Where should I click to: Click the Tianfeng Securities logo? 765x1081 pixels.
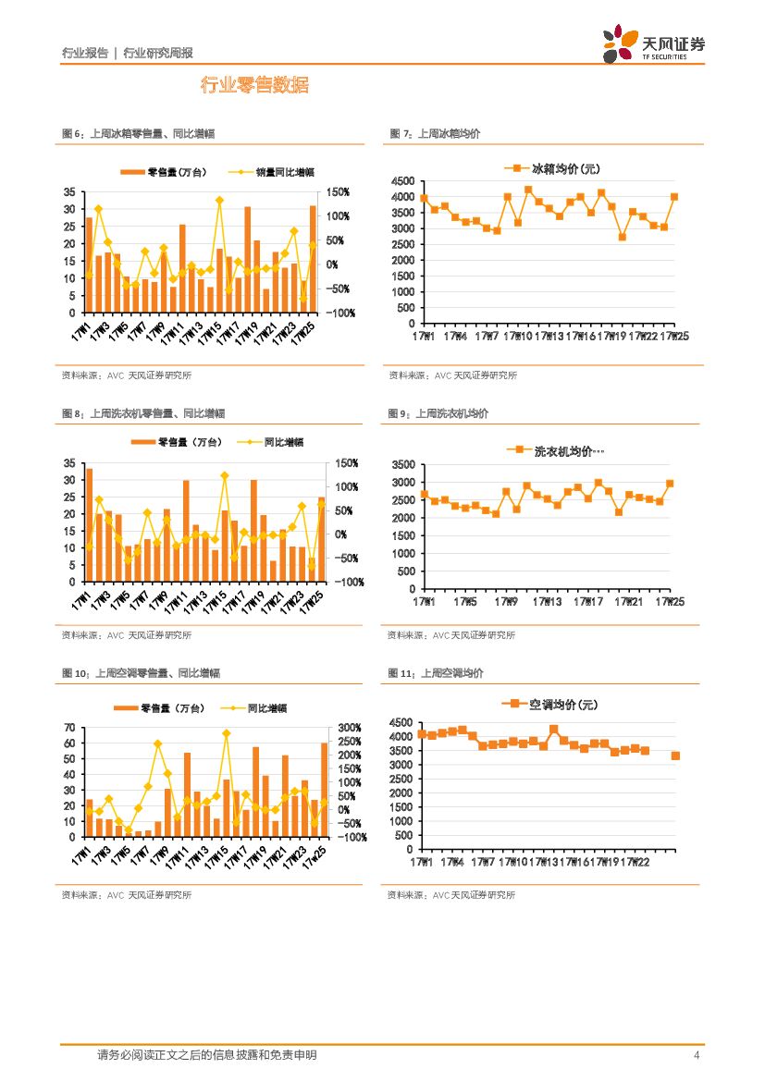point(653,44)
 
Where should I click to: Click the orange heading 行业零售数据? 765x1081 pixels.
point(254,86)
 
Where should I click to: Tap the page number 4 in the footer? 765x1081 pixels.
point(696,1055)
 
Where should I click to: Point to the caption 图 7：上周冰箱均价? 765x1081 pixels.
point(435,134)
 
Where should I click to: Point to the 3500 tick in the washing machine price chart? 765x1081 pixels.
point(404,464)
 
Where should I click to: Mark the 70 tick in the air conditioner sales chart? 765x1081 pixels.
point(69,729)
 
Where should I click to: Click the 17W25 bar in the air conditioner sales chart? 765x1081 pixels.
point(324,790)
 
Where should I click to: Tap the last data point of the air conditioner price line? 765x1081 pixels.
point(675,755)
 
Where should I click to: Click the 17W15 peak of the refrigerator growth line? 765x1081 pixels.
point(219,200)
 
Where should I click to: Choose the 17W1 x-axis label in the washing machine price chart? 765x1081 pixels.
point(425,602)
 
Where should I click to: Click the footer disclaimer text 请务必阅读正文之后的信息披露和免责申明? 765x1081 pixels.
point(206,1055)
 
